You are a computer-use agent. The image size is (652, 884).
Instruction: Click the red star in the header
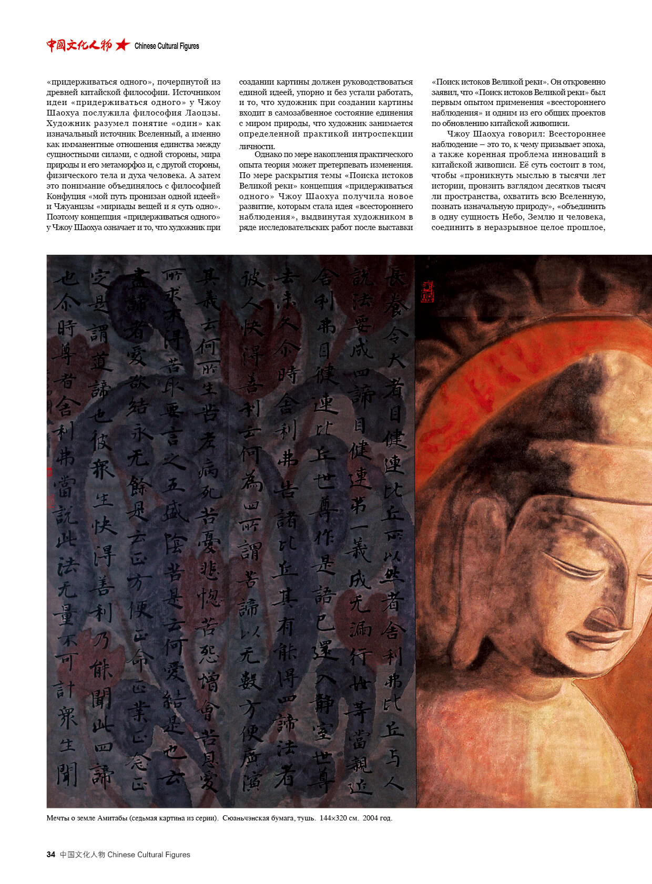122,45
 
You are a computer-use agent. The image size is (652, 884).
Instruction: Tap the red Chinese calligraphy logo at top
79,45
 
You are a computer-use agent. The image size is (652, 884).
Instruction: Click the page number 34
50,855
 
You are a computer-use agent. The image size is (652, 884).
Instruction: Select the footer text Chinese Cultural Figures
149,855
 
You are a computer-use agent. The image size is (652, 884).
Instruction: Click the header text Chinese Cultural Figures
167,46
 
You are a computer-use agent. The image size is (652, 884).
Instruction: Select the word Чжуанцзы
74,206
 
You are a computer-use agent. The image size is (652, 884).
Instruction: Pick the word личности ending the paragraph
256,146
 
